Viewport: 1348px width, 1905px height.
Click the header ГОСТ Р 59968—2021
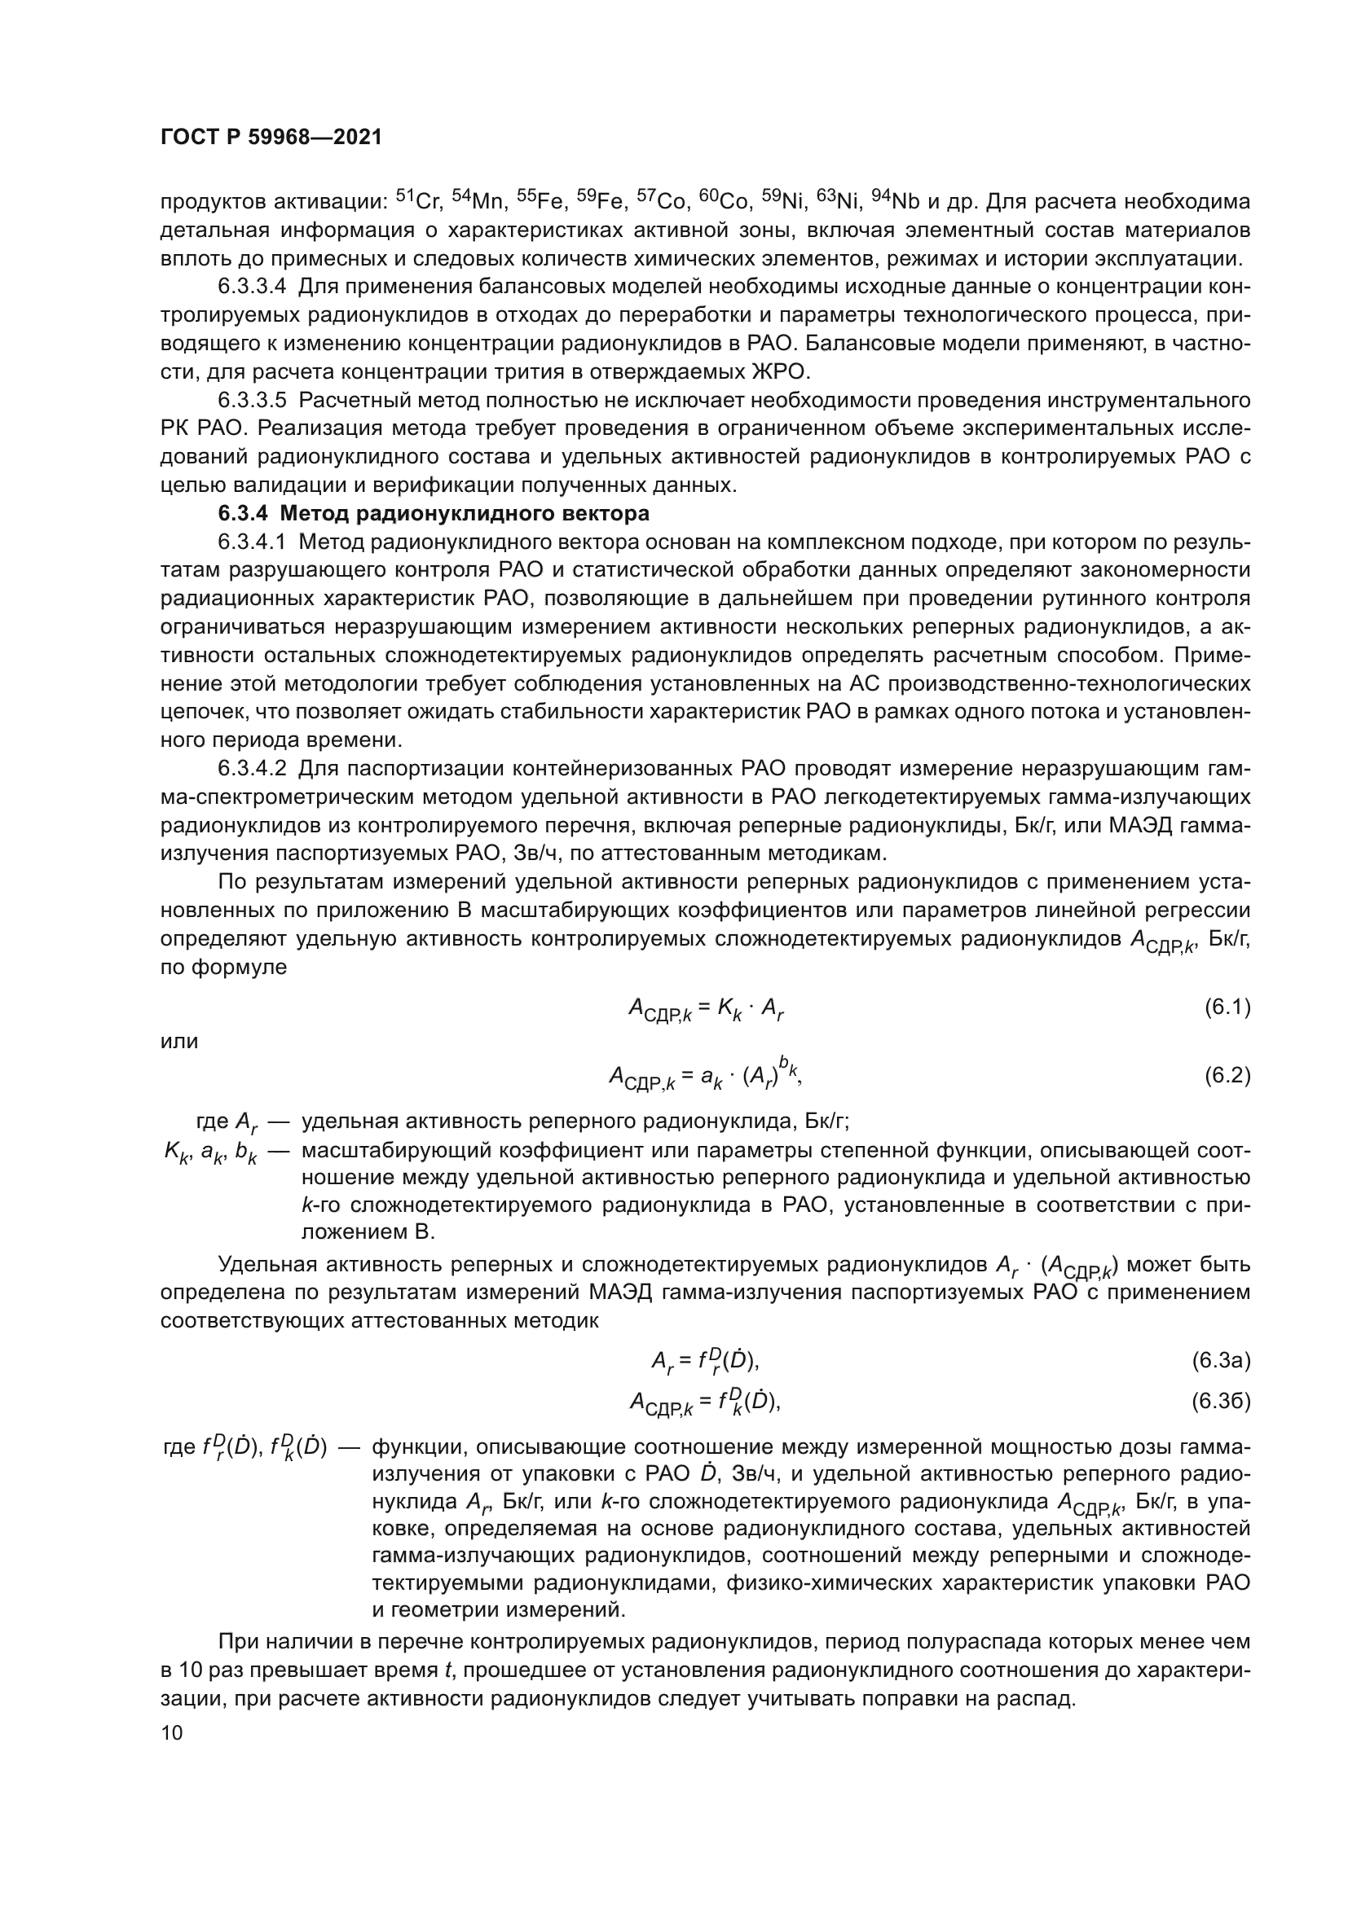click(271, 138)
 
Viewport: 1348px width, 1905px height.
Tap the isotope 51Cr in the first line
click(419, 201)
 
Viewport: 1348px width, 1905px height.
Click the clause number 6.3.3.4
click(253, 287)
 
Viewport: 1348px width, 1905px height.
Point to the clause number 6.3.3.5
click(253, 401)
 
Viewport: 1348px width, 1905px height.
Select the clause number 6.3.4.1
click(253, 542)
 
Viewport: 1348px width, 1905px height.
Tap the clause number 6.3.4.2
click(253, 768)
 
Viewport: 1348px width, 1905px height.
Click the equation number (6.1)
click(1227, 1007)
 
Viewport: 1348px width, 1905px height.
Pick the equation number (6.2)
click(1227, 1075)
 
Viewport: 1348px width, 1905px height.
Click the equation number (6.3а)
click(1221, 1360)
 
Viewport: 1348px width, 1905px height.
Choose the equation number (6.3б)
click(1221, 1402)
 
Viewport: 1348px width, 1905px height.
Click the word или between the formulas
click(179, 1042)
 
